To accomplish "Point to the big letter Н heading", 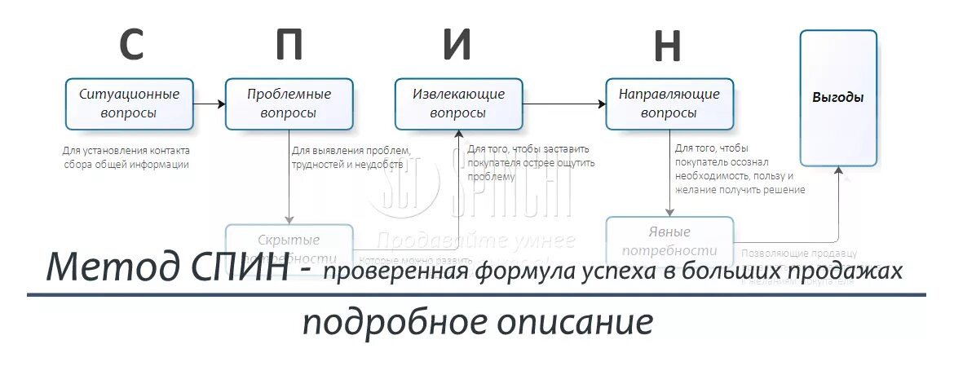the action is coord(667,46).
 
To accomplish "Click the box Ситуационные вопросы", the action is coord(129,104).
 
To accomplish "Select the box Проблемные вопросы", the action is coord(289,104).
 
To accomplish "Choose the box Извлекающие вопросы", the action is coord(458,104).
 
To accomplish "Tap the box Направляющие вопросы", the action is coord(669,104).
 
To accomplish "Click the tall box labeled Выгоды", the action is coord(838,98).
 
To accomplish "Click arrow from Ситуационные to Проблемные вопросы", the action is coord(209,104).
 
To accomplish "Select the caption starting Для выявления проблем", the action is coord(350,157).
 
